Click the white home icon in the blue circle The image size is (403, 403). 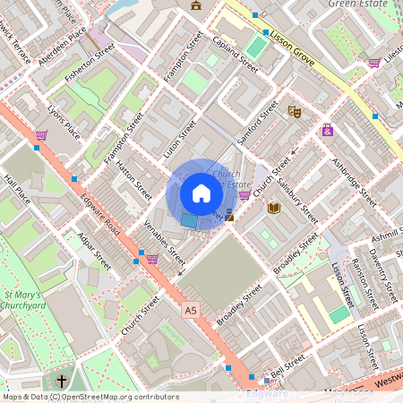coord(201,193)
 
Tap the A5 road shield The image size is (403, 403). coord(189,310)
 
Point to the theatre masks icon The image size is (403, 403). coord(295,112)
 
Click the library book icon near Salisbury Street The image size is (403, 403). coord(274,208)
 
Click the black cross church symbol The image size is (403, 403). coord(62,381)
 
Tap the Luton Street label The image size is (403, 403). coord(179,141)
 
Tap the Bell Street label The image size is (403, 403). coord(288,364)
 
